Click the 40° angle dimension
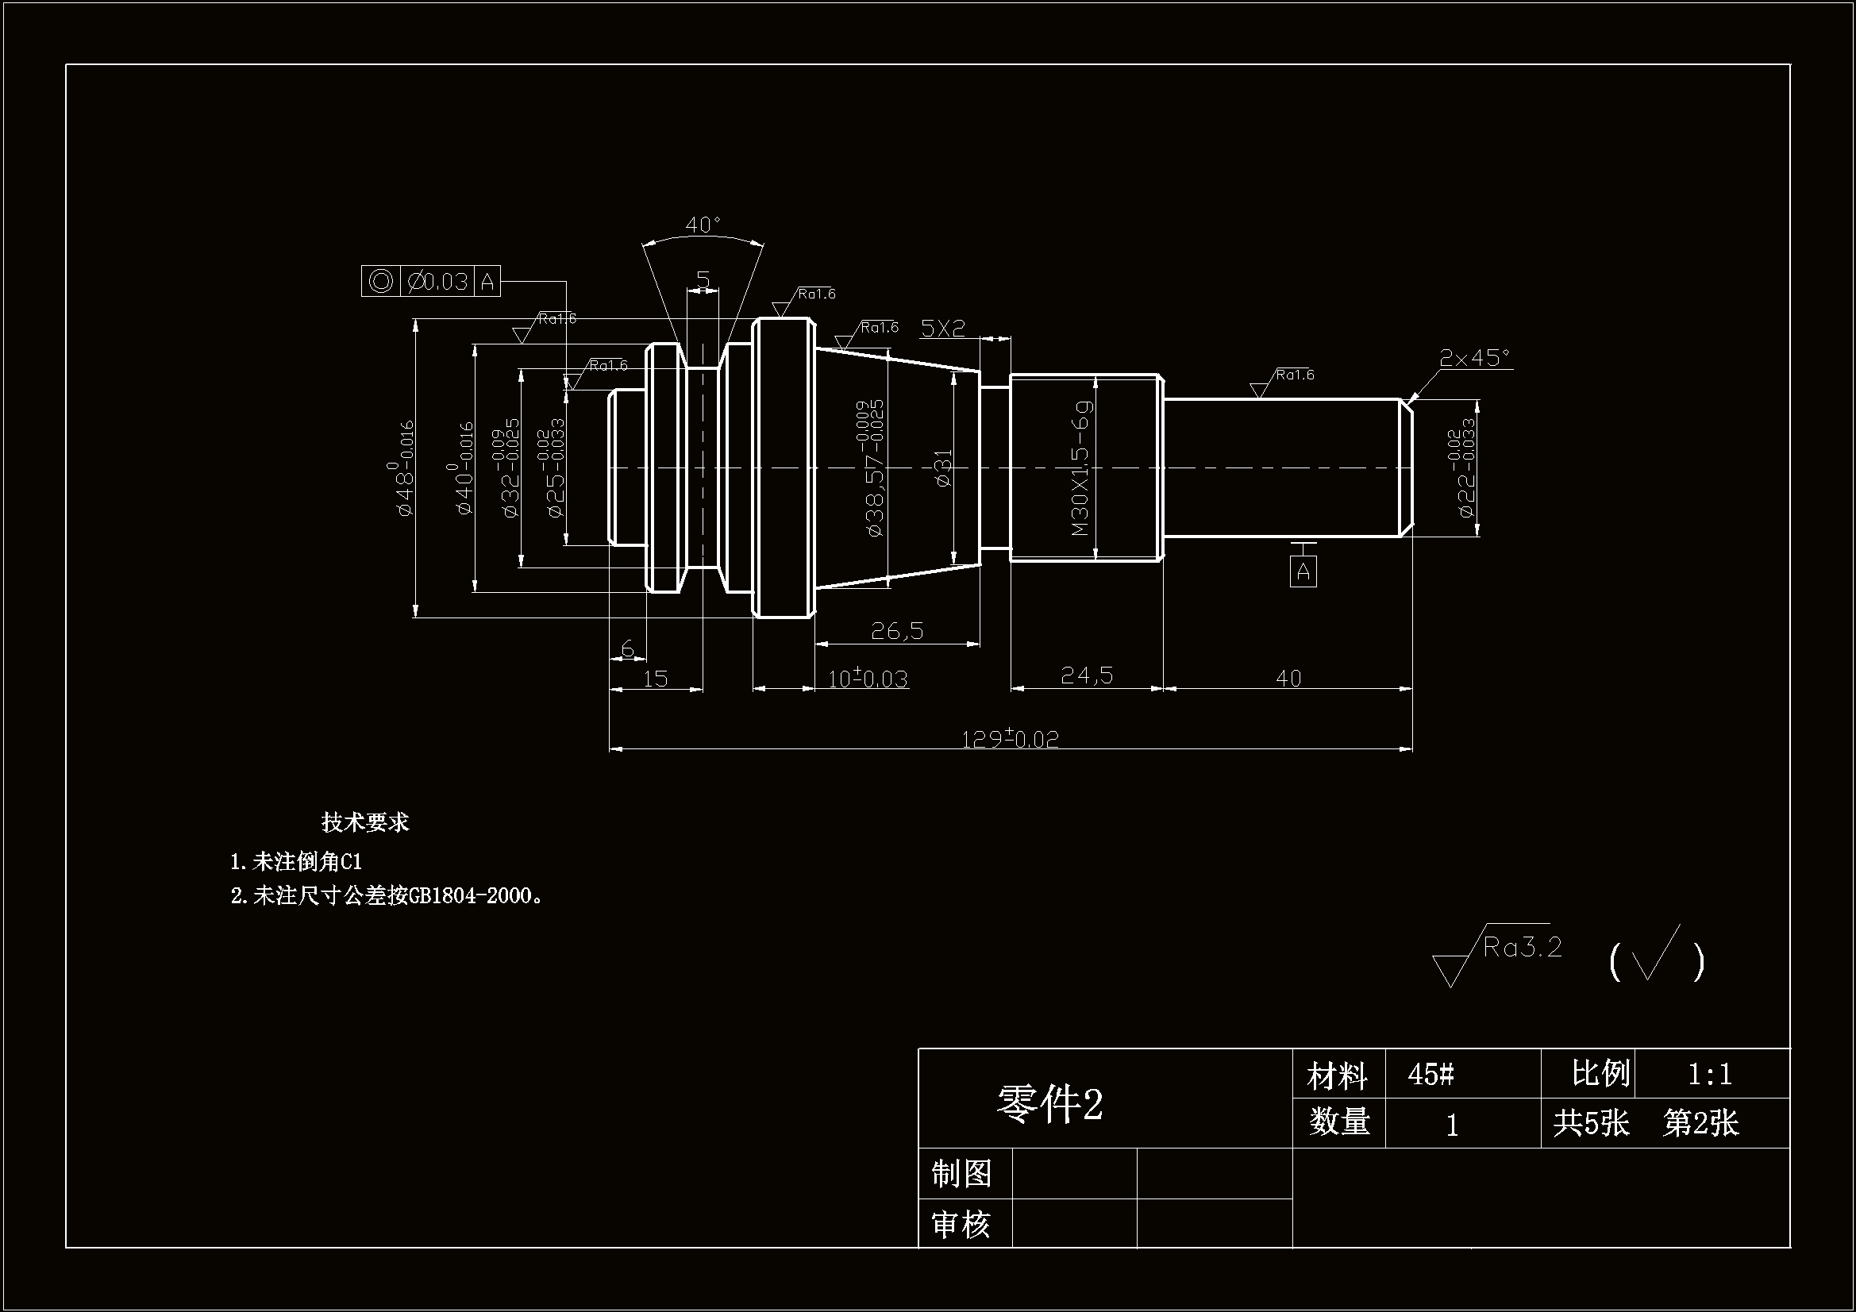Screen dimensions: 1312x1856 (x=703, y=224)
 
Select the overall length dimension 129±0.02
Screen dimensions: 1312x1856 (x=1010, y=739)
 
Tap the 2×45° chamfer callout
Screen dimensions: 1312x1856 (x=1473, y=357)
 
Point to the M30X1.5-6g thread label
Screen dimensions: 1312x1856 (x=1080, y=468)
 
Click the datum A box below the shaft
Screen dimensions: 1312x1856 (x=1302, y=571)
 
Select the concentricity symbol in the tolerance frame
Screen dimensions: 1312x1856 (x=381, y=281)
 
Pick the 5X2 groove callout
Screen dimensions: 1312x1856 (x=942, y=329)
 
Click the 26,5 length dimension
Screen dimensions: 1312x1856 (x=896, y=630)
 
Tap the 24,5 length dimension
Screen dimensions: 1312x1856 (x=1087, y=675)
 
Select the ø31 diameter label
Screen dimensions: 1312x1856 (x=943, y=468)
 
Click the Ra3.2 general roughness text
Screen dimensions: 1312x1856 (x=1522, y=947)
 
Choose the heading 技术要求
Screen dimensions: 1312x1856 (x=365, y=822)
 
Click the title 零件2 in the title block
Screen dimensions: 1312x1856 (x=1049, y=1103)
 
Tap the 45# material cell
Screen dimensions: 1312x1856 (x=1431, y=1075)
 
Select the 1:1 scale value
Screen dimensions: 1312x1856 (x=1710, y=1075)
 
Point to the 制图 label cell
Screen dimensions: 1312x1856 (x=962, y=1174)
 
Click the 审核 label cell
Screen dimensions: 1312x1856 (x=962, y=1225)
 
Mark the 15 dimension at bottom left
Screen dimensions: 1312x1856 (x=655, y=679)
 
